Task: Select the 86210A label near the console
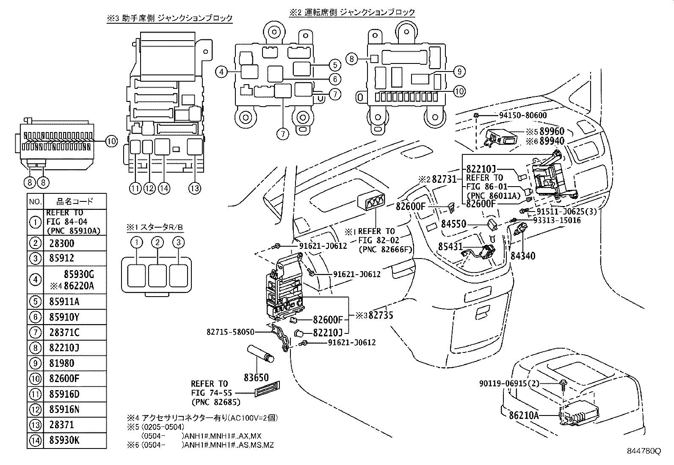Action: point(519,415)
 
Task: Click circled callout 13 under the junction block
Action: point(195,189)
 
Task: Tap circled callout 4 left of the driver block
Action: point(221,72)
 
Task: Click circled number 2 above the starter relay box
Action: point(157,242)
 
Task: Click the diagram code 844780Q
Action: point(644,451)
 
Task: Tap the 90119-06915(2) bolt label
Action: point(510,383)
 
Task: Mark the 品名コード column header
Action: point(75,202)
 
